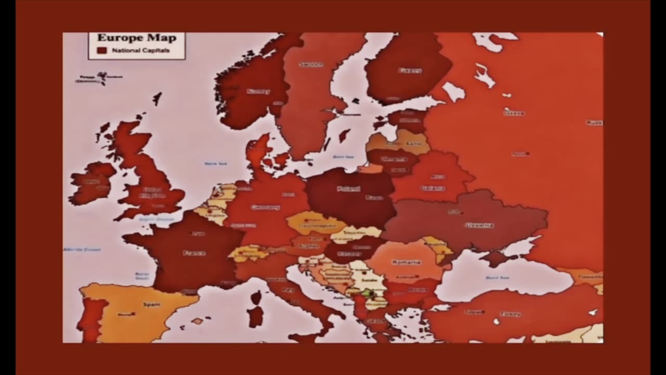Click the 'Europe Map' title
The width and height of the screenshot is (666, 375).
click(x=137, y=37)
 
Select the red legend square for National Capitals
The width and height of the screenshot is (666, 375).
click(x=102, y=51)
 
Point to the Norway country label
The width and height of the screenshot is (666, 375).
click(x=258, y=92)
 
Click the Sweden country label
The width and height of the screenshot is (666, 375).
click(x=311, y=65)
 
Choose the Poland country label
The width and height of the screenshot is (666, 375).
click(x=349, y=189)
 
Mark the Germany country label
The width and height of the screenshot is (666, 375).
click(x=265, y=207)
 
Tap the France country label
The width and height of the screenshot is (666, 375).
click(x=194, y=253)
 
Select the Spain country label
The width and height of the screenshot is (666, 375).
click(x=151, y=304)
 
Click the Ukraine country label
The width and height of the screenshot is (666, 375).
click(x=479, y=226)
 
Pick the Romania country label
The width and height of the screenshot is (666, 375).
click(x=406, y=262)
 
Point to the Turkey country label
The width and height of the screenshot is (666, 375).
click(x=510, y=314)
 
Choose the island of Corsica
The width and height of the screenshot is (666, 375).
click(x=256, y=298)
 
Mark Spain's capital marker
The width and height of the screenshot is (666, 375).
click(x=133, y=314)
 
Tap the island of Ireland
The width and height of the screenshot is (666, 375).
click(x=91, y=182)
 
